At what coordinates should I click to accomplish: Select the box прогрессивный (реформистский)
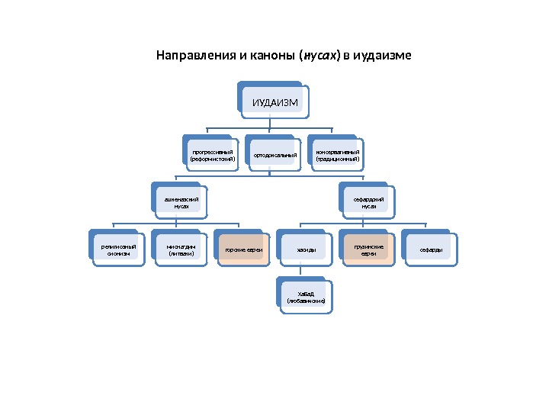coord(211,155)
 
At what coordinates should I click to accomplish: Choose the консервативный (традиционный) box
coord(336,155)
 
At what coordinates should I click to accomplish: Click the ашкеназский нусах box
coord(176,201)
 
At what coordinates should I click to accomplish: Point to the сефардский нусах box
coord(364,201)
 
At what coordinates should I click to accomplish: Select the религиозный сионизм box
coord(117,249)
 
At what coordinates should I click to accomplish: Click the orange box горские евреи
coord(243,249)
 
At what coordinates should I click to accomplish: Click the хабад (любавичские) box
coord(306,297)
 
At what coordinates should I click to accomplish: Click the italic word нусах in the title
coord(320,56)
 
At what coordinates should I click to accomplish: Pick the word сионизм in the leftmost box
coord(117,253)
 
